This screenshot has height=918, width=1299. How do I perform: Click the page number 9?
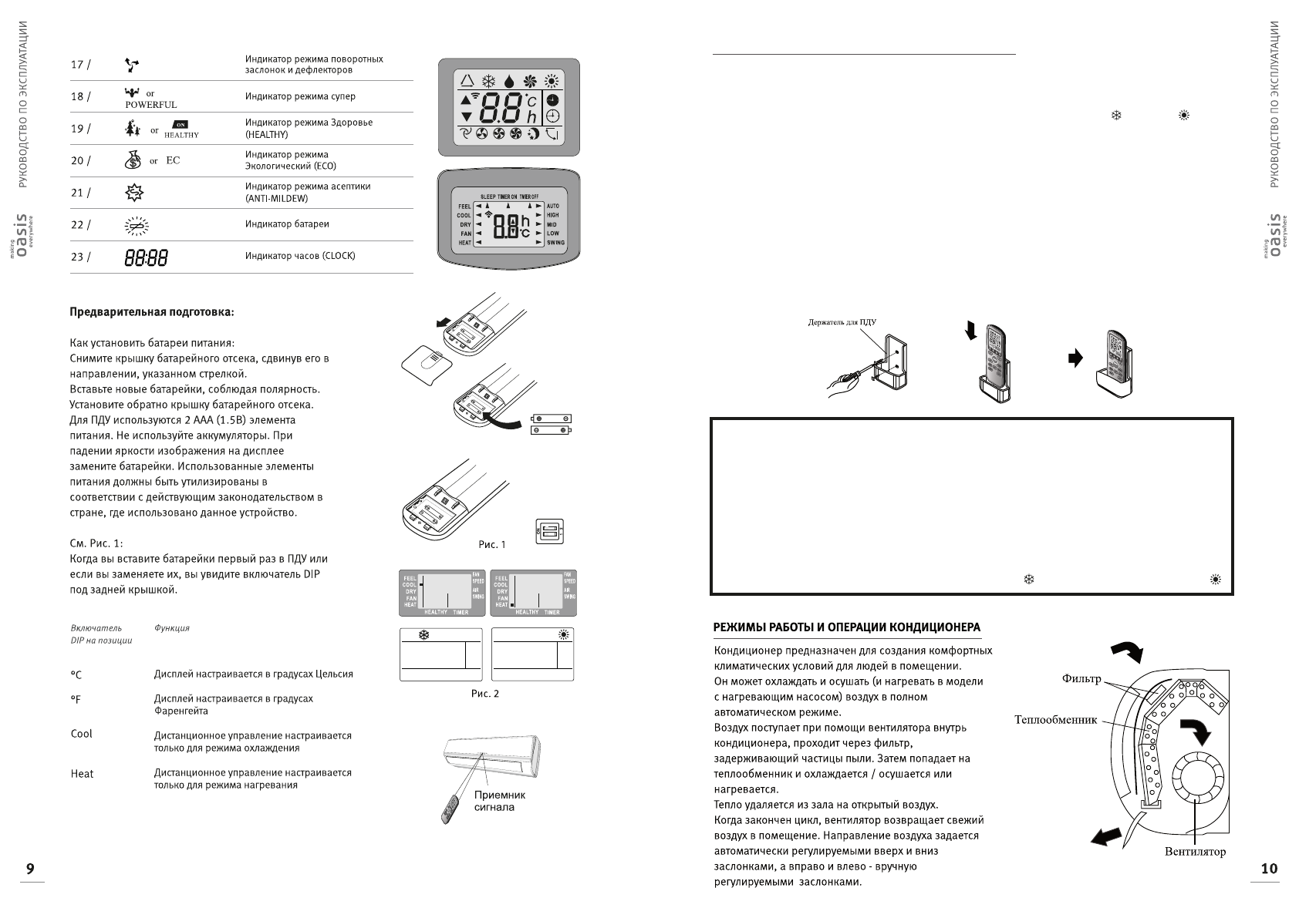pyautogui.click(x=30, y=869)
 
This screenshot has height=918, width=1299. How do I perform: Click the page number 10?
pyautogui.click(x=1269, y=869)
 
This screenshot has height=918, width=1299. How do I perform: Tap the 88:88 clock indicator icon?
pyautogui.click(x=146, y=257)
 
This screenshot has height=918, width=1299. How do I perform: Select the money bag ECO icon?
pyautogui.click(x=132, y=160)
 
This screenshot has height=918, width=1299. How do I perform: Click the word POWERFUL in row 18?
pyautogui.click(x=151, y=105)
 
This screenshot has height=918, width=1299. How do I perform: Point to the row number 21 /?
pyautogui.click(x=80, y=193)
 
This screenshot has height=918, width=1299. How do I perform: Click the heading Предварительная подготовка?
pyautogui.click(x=151, y=312)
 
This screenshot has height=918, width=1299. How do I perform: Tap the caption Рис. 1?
pyautogui.click(x=491, y=544)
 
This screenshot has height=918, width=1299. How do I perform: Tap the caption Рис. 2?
pyautogui.click(x=485, y=694)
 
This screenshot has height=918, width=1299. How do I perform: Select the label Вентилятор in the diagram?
pyautogui.click(x=1195, y=852)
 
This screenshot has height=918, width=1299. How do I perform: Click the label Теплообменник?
pyautogui.click(x=1055, y=720)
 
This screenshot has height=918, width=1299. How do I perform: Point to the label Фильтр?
pyautogui.click(x=1081, y=679)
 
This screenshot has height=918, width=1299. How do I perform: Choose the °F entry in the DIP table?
pyautogui.click(x=76, y=700)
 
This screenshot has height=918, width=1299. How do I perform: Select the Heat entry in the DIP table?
pyautogui.click(x=82, y=774)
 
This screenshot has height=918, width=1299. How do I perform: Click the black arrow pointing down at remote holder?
pyautogui.click(x=970, y=331)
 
